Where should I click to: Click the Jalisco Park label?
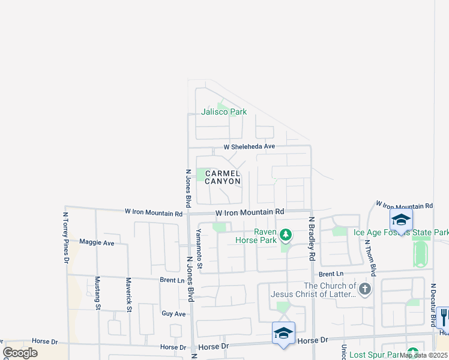[x=224, y=112]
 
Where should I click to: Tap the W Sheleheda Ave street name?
[x=249, y=146]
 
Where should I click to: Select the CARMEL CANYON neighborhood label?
[x=223, y=177]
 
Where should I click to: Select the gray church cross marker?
[x=364, y=289]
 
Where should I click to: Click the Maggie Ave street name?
[x=97, y=242]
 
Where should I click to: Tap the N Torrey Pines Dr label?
[x=66, y=237]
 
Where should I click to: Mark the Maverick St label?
[x=128, y=295]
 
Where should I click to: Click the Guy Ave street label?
[x=173, y=313]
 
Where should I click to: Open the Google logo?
[x=20, y=353]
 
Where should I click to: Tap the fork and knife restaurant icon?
[x=444, y=316]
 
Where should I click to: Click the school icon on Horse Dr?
[x=283, y=333]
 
